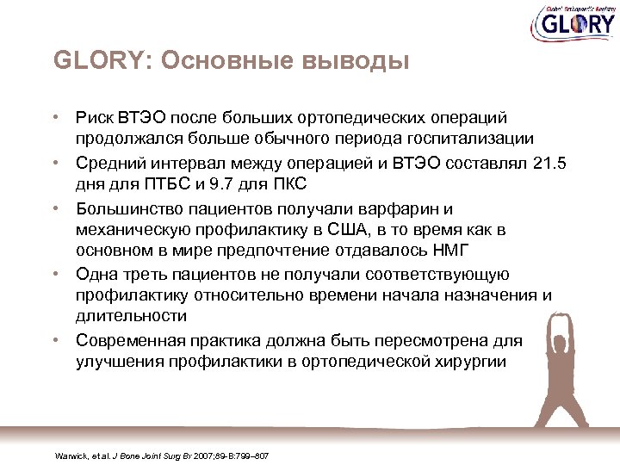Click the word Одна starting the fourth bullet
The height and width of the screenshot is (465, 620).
point(95,274)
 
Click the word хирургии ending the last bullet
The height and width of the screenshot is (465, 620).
point(475,362)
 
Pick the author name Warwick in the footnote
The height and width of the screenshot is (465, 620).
point(70,455)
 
